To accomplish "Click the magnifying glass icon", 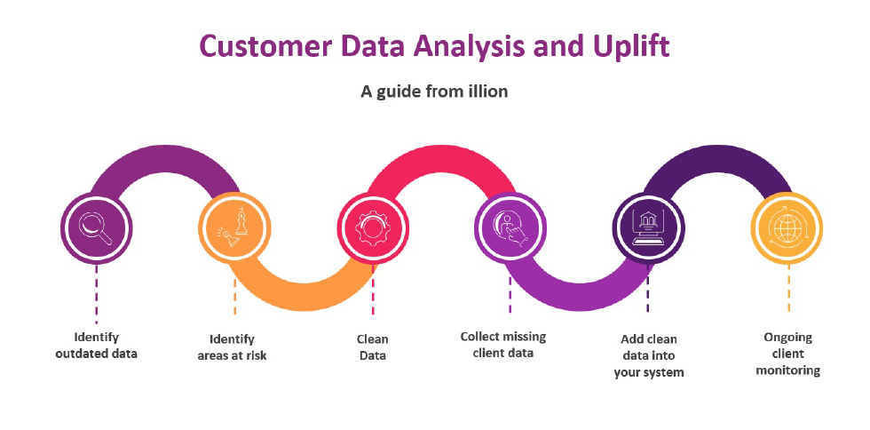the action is click(x=96, y=227).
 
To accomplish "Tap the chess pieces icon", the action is click(x=234, y=227).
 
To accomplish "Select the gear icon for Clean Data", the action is click(x=373, y=228).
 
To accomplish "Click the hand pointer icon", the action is click(x=510, y=227).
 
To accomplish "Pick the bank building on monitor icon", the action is click(x=648, y=227).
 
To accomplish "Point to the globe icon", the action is click(x=787, y=227).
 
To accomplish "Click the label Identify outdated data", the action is click(x=96, y=345).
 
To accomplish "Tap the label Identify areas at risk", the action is click(x=232, y=347).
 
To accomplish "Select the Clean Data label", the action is click(x=372, y=347).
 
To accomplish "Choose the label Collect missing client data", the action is click(x=503, y=345).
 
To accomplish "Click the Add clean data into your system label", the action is click(x=649, y=355).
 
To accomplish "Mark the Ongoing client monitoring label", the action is click(x=788, y=354).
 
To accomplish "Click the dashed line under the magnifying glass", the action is click(x=96, y=293).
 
